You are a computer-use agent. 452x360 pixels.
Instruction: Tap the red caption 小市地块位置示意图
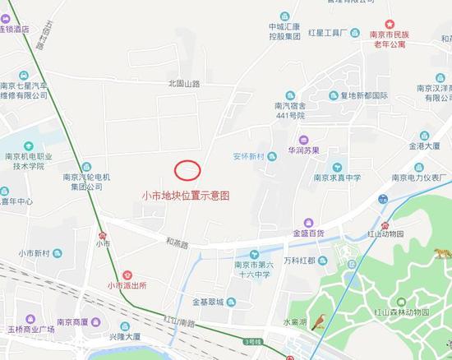point(186,196)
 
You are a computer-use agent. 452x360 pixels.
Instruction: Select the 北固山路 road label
point(184,83)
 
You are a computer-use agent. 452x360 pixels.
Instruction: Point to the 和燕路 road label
point(177,244)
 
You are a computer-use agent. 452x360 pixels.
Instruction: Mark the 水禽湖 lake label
point(293,322)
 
